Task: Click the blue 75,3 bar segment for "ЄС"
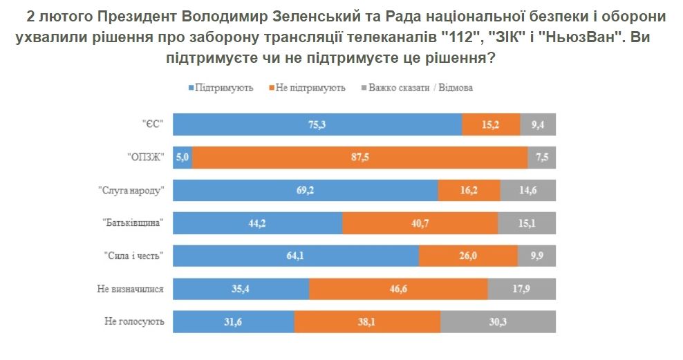(317, 124)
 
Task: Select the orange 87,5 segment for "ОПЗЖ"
(359, 158)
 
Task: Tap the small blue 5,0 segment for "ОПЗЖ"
(183, 158)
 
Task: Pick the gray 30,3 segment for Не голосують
(498, 322)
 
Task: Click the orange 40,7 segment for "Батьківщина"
(420, 223)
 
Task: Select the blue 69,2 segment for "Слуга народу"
(305, 190)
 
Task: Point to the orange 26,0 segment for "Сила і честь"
(468, 256)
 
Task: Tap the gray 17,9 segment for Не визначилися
(521, 289)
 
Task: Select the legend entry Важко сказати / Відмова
(420, 88)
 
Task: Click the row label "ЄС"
(151, 124)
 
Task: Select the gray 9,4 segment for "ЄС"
(537, 124)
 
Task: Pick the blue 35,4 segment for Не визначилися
(241, 289)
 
